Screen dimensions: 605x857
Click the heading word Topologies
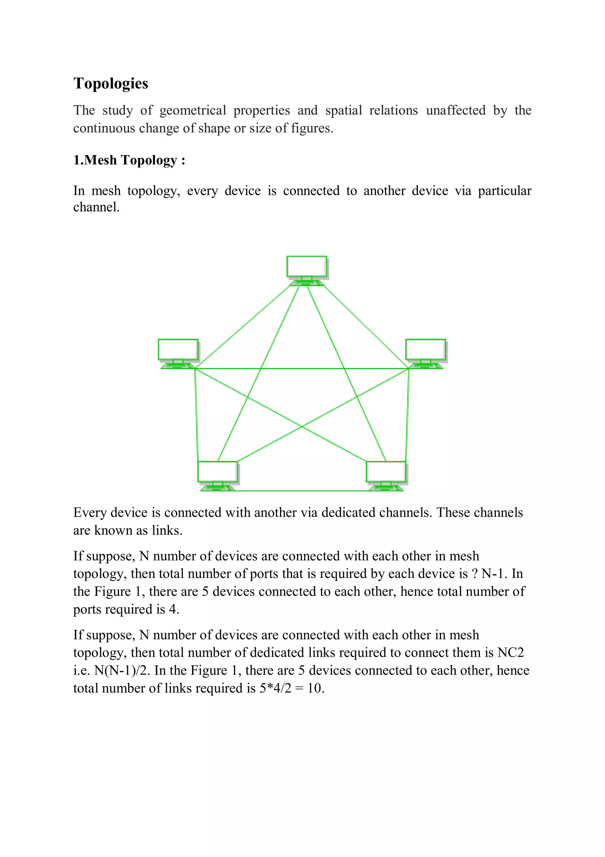coord(111,84)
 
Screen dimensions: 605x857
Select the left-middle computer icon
coord(178,352)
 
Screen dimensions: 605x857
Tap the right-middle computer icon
coord(425,352)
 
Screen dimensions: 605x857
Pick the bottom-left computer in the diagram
coord(218,475)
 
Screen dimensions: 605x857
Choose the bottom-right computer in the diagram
coord(386,475)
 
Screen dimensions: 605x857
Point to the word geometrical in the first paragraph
coord(193,110)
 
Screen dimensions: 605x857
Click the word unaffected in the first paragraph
coord(456,110)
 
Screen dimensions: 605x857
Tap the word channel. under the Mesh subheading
coord(96,207)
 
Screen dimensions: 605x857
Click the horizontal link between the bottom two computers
coord(302,491)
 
